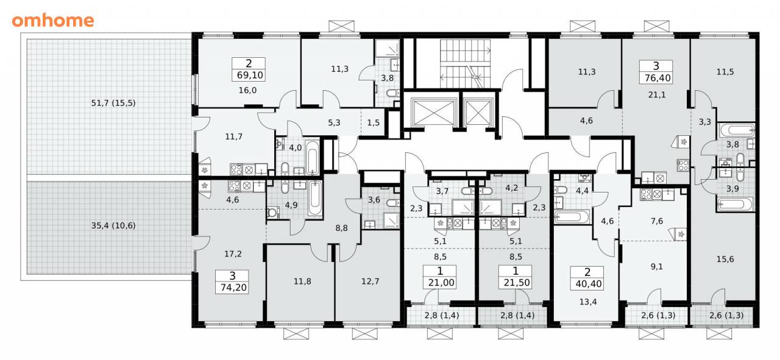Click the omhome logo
point(53,21)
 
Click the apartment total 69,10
point(250,75)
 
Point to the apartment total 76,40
point(658,78)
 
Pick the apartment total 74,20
point(233,288)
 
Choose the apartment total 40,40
point(589,284)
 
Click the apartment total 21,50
point(517,283)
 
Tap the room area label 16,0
point(247,91)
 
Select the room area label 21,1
point(657,94)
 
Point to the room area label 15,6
point(725,259)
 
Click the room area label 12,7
point(370,281)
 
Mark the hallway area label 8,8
point(342,228)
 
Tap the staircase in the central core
point(465,64)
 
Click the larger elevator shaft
point(433,111)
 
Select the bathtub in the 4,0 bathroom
point(312,157)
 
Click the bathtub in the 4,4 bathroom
point(572,217)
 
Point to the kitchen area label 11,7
point(233,137)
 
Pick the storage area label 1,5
point(374,122)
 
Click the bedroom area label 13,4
point(588,302)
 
